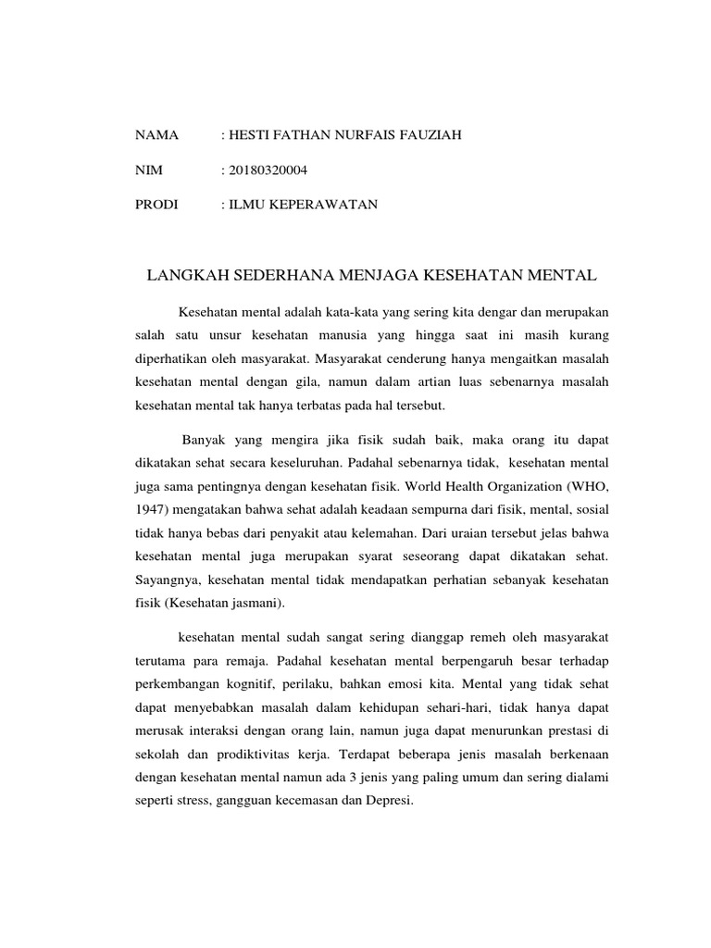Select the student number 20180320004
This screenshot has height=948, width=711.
pos(268,170)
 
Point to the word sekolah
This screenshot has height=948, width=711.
pos(156,754)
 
